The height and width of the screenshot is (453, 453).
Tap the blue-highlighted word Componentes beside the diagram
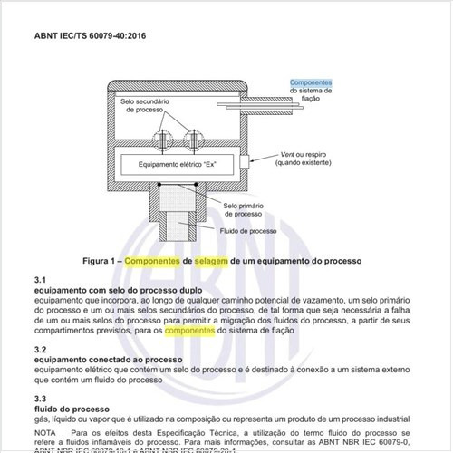click(x=311, y=82)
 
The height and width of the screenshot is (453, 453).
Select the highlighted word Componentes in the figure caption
click(x=151, y=260)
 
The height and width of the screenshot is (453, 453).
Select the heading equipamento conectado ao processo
click(x=109, y=359)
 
